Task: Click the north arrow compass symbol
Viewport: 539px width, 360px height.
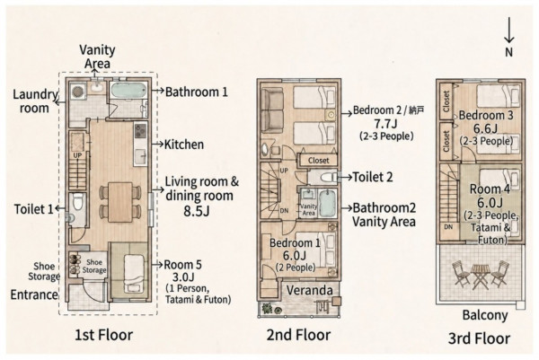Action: point(508,38)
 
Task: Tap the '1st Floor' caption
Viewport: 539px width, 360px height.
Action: point(104,335)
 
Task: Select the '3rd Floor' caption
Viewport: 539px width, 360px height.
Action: point(479,338)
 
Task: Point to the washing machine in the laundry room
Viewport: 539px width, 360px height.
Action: point(78,92)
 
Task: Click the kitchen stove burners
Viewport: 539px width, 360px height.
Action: point(140,131)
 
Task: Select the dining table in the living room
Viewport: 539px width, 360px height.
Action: point(120,202)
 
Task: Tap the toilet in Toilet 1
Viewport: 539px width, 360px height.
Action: point(77,202)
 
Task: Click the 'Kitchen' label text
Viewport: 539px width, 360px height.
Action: point(184,145)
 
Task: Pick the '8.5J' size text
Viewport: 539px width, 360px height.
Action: point(196,211)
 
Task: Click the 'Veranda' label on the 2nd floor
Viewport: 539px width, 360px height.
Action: point(309,291)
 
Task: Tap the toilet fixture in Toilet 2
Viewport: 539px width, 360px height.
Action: point(328,178)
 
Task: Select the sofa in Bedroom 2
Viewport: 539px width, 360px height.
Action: point(272,110)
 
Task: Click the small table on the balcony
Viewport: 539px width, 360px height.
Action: point(480,276)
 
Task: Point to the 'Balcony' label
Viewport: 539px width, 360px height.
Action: point(485,315)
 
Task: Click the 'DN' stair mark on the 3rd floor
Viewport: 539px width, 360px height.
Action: point(448,227)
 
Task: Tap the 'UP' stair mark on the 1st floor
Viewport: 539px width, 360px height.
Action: point(77,155)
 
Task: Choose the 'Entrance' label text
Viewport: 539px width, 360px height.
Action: point(34,294)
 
